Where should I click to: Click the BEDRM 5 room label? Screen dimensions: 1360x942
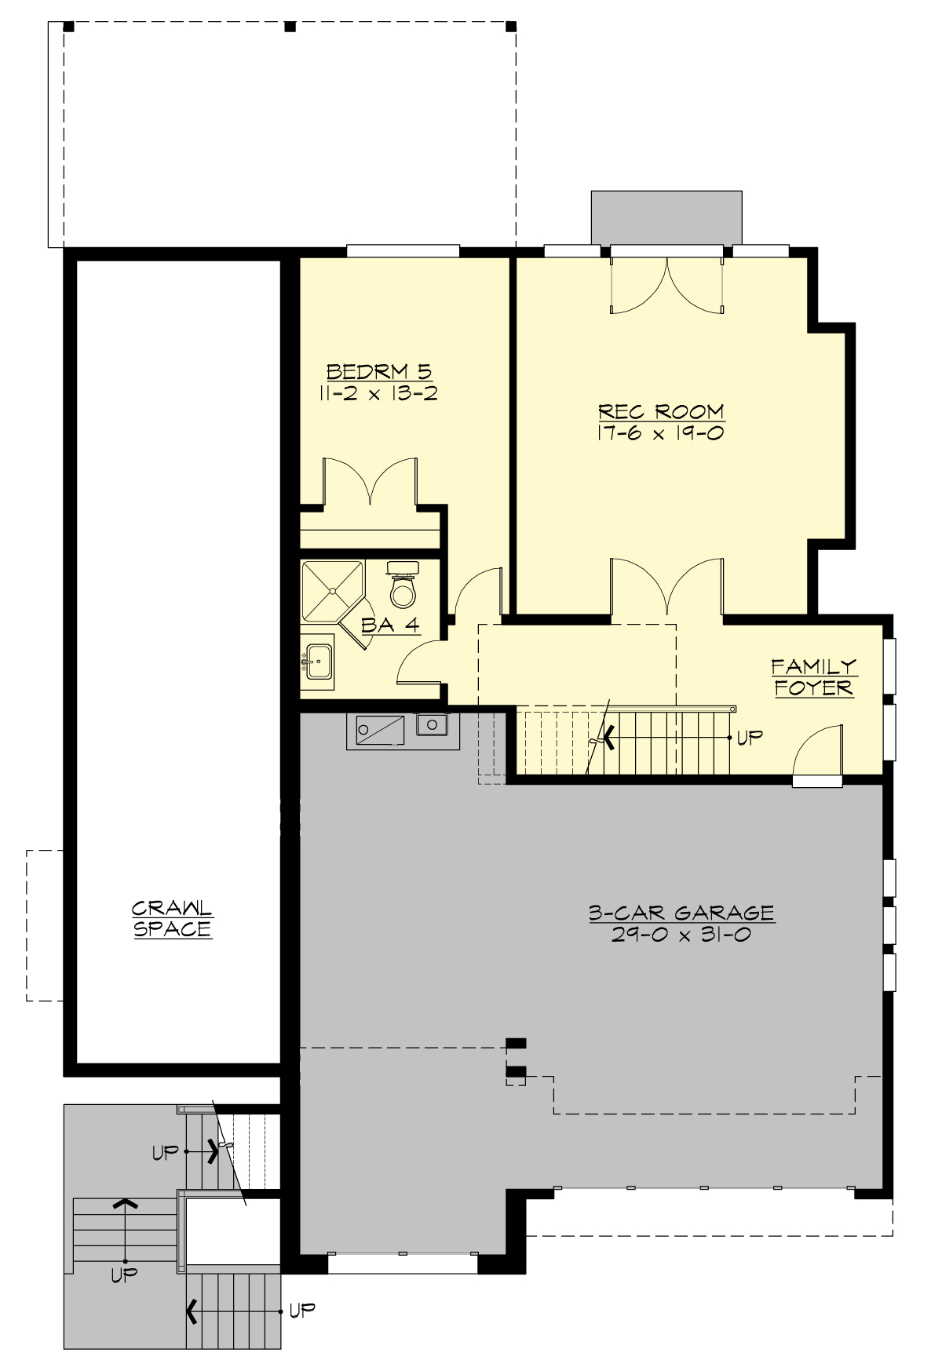[x=379, y=371]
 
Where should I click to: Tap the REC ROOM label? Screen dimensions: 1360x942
[x=661, y=412]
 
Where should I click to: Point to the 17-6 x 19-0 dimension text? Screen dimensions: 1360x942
[x=661, y=432]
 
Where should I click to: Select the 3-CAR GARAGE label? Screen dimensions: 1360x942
[x=681, y=913]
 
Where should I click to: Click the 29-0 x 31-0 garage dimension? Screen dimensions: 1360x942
[x=681, y=935]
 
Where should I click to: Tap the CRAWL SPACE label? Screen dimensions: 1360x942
[x=173, y=919]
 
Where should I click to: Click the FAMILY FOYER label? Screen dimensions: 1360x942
[x=814, y=677]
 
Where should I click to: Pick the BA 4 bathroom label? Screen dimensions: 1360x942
[x=390, y=625]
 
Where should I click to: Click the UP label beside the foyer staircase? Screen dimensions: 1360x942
[x=750, y=738]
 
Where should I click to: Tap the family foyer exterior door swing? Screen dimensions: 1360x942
[x=818, y=753]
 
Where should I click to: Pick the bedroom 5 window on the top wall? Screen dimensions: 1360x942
[x=403, y=251]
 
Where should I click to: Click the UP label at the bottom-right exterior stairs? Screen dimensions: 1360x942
[x=301, y=1310]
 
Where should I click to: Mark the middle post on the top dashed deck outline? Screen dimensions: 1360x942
[x=290, y=27]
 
